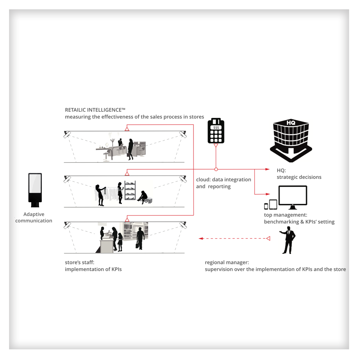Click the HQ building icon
(x=291, y=140)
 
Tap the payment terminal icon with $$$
(x=216, y=130)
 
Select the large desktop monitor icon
(x=293, y=197)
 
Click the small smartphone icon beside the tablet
(x=266, y=206)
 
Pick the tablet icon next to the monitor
(x=273, y=204)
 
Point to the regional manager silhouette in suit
(x=288, y=240)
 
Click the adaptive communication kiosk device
(x=35, y=190)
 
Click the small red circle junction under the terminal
(x=216, y=169)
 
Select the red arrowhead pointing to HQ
(x=267, y=169)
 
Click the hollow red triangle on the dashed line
(x=268, y=238)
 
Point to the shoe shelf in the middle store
(x=130, y=190)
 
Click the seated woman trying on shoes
(x=143, y=197)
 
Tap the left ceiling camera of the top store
(x=67, y=134)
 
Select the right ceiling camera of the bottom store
(x=183, y=225)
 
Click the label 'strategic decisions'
(x=299, y=177)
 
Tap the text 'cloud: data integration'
(x=223, y=179)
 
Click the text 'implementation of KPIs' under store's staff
(x=93, y=269)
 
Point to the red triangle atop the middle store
(x=127, y=174)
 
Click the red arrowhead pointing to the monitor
(x=268, y=194)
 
